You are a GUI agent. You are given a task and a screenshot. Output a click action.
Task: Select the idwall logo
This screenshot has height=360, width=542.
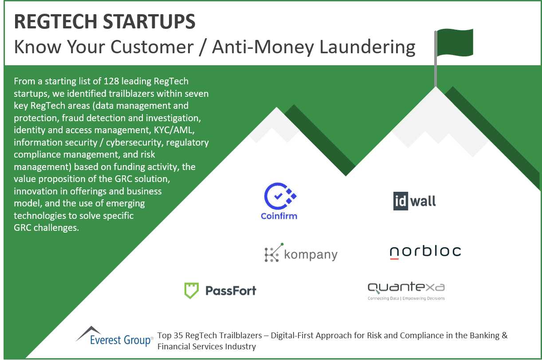coord(415,201)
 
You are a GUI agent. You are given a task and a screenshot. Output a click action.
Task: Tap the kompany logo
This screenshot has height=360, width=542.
coord(301,253)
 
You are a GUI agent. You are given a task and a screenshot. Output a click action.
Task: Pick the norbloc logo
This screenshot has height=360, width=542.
coord(425,252)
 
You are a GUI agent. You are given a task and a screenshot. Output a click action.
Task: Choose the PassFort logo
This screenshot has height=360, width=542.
coord(220,291)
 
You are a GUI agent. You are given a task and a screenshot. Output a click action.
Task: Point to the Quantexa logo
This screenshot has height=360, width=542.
coord(406,290)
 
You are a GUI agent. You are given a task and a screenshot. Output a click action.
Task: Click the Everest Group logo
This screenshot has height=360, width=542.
coord(114,336)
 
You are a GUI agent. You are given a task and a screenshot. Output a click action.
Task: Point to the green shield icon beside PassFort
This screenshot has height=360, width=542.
coord(191,291)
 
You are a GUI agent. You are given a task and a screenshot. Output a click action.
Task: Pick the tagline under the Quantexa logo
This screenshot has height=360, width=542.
coord(406,299)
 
